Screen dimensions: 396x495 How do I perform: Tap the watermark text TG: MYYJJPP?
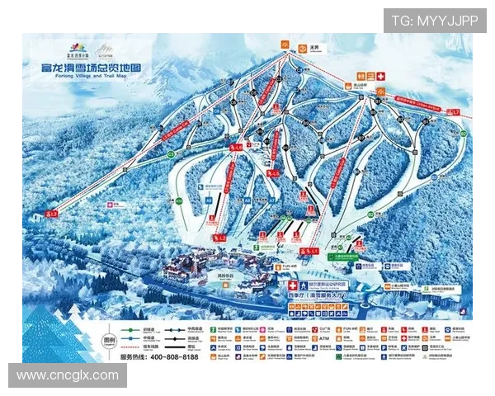coord(434,21)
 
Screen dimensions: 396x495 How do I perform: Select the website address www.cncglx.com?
coord(68,375)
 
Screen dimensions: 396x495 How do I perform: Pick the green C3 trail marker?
coord(172,153)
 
